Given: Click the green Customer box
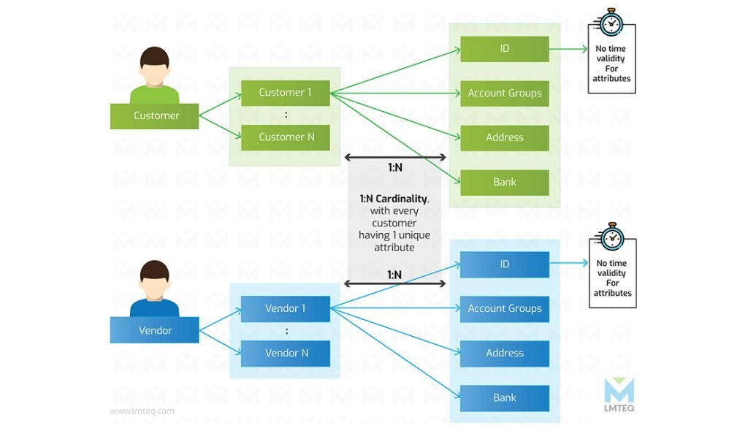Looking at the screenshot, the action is [x=154, y=116].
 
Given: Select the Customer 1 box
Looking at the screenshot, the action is [x=286, y=93].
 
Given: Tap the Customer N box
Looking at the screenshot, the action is [x=286, y=137].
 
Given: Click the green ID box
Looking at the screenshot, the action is [x=505, y=49].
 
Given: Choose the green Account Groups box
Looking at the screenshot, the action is [x=505, y=93].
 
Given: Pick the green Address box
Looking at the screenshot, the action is [x=505, y=138].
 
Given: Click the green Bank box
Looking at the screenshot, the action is [x=505, y=183].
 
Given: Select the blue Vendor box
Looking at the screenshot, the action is [x=154, y=329].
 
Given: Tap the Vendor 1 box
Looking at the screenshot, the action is [x=286, y=309].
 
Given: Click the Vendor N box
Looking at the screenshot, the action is [x=286, y=353].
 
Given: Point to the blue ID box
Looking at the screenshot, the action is [x=505, y=264].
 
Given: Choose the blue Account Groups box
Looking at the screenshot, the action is [x=505, y=309].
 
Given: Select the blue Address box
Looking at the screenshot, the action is [x=505, y=353].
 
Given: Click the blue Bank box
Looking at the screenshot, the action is [x=505, y=398].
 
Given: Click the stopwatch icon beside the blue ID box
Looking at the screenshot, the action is [x=611, y=237].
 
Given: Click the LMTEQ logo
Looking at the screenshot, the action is [x=619, y=394].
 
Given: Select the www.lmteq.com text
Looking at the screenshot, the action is [x=142, y=411].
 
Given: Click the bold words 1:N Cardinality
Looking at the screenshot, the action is [x=394, y=199].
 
